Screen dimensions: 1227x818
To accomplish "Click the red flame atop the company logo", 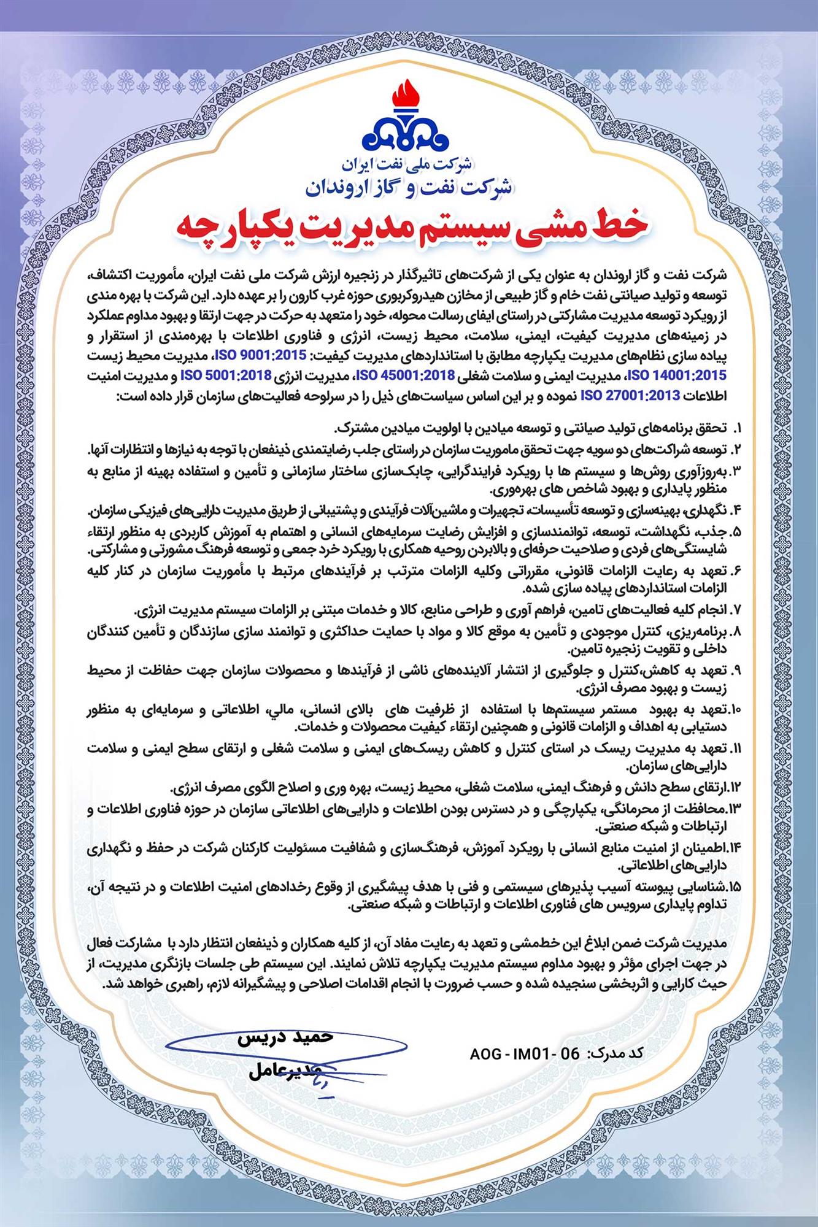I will [x=409, y=102].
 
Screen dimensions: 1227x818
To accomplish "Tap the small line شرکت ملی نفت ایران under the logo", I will [x=409, y=164].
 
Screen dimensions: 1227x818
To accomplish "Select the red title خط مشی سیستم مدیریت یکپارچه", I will [x=409, y=228].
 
